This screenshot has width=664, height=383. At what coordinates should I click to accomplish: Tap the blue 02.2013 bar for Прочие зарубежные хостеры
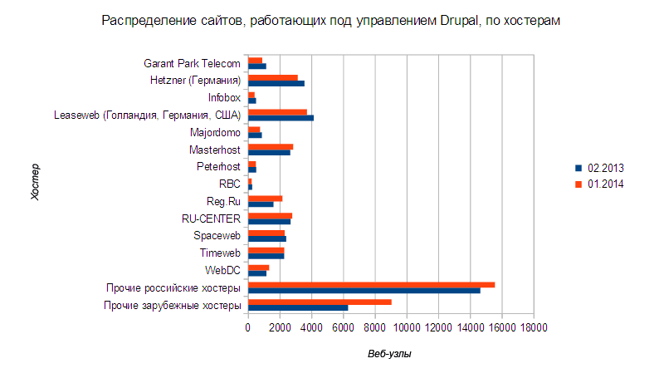298,308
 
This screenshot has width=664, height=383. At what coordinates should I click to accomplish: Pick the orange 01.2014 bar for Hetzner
273,77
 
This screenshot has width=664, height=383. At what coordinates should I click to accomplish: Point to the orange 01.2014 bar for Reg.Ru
266,198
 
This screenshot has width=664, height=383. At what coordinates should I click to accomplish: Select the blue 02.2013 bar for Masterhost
269,152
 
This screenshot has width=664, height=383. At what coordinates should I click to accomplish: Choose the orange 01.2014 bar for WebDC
259,267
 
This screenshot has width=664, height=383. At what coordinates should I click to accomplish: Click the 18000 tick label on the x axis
534,329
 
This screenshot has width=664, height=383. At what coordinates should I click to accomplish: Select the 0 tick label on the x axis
248,329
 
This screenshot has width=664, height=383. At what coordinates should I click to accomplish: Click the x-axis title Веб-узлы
390,354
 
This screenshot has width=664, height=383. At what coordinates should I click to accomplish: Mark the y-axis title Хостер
35,184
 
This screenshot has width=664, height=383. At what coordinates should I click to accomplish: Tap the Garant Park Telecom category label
192,63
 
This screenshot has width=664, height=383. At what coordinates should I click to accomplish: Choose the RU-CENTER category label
211,219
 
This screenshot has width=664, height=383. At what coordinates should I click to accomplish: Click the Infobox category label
224,97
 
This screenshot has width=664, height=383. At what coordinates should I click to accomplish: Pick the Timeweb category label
220,253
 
